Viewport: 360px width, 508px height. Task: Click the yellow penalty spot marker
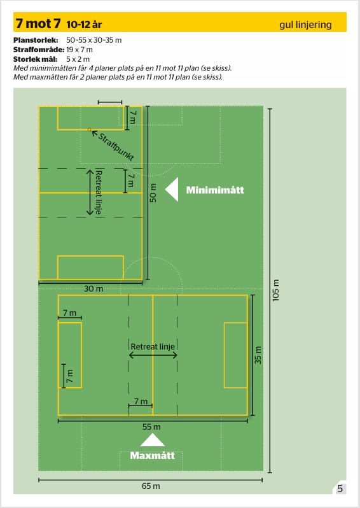(x=89, y=130)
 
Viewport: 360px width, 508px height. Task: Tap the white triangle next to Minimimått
(x=172, y=190)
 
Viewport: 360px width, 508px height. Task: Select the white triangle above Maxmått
(x=153, y=440)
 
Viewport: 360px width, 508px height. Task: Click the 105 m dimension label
(x=276, y=290)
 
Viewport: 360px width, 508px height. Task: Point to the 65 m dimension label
(x=151, y=486)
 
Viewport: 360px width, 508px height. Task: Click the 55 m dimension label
(x=151, y=427)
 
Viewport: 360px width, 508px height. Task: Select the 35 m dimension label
(x=258, y=355)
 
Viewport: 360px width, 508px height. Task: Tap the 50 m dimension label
(x=153, y=193)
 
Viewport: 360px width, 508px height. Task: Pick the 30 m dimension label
(x=93, y=288)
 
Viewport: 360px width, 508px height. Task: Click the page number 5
(x=340, y=488)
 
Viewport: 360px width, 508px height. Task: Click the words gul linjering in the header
(x=305, y=25)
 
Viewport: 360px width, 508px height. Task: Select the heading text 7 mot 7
(x=38, y=24)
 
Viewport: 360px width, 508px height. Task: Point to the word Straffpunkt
(x=116, y=147)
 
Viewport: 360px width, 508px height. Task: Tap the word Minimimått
(x=215, y=190)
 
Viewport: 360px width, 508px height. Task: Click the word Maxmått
(x=153, y=456)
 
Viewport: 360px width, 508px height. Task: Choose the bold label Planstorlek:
(x=36, y=40)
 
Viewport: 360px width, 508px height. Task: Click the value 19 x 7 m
(x=80, y=50)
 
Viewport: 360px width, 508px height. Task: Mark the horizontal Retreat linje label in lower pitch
(x=153, y=347)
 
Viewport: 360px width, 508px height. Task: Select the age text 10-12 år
(x=84, y=25)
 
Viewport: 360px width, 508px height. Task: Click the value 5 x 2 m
(x=78, y=59)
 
